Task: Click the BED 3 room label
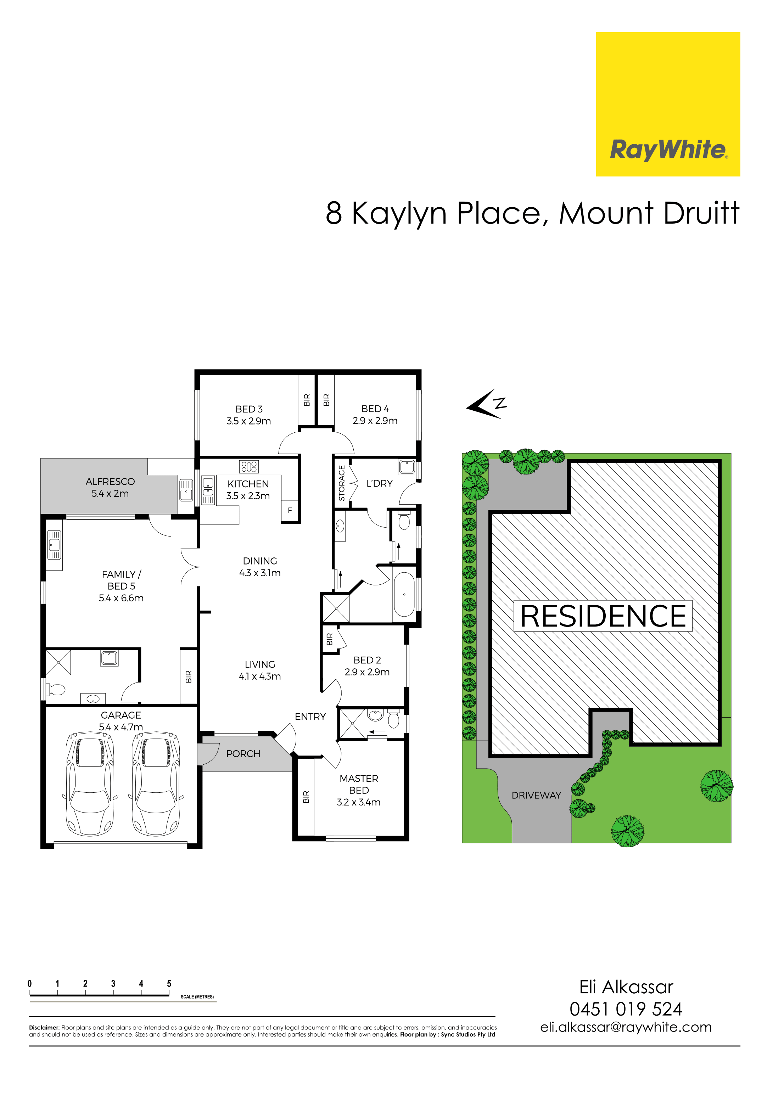coord(249,409)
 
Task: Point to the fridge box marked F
coord(290,511)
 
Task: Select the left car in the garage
coord(90,783)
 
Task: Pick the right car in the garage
coord(156,783)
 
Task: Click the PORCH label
coord(243,754)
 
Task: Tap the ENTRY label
coord(310,717)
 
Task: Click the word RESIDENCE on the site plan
coord(603,616)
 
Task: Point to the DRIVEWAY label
coord(536,795)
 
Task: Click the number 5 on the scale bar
coord(169,983)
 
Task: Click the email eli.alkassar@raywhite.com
coord(626,1027)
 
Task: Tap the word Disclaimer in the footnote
coord(44,1028)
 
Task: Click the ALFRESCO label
coord(110,482)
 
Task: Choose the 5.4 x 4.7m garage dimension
coord(121,727)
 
